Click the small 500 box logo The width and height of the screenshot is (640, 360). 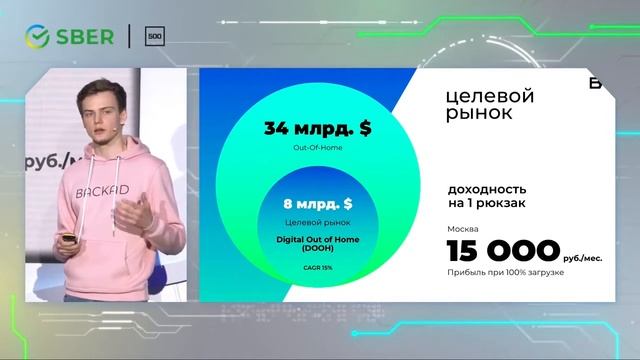tap(155, 36)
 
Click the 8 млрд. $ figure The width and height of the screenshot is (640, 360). tap(318, 204)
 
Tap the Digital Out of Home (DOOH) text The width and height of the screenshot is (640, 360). tap(318, 244)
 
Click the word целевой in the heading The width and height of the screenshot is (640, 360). tap(490, 96)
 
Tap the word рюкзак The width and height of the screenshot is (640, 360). tap(499, 204)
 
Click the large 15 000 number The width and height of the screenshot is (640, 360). tap(502, 250)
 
